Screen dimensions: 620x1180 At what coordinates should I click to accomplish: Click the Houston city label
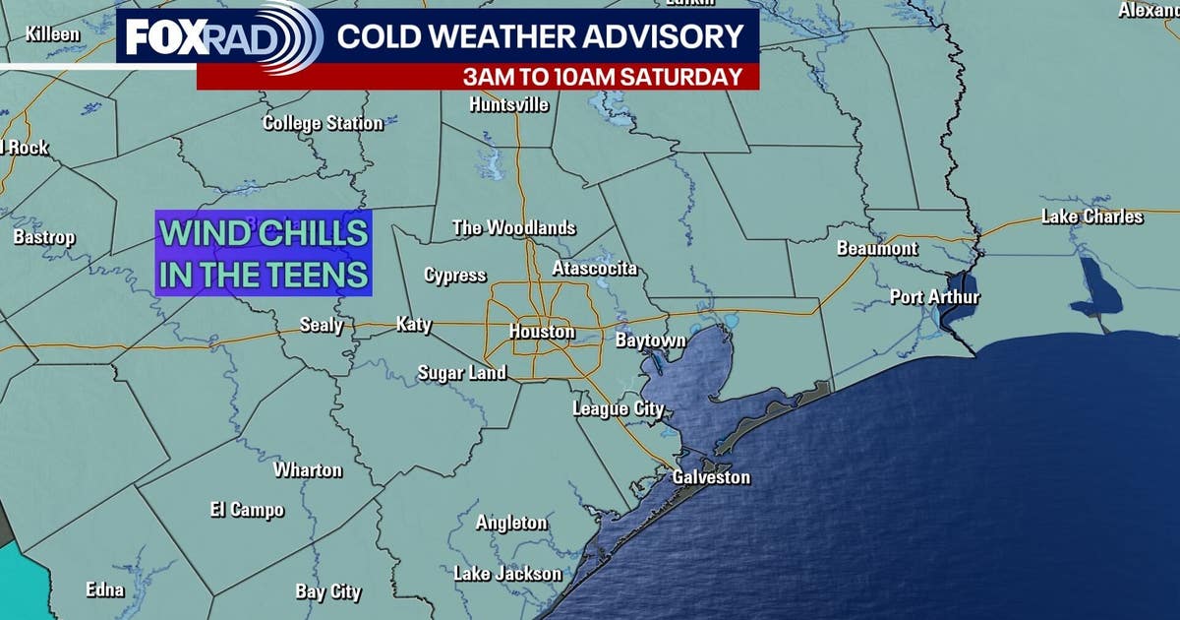pos(542,332)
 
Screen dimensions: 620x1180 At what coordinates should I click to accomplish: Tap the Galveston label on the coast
pos(711,477)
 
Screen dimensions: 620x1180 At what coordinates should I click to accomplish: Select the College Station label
pos(323,123)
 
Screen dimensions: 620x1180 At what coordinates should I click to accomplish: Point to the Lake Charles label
pos(1092,217)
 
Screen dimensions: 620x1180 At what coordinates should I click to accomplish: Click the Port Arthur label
pos(935,296)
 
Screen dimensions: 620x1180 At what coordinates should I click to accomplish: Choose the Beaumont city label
pos(877,249)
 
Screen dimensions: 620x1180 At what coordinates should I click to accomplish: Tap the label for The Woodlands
pos(513,227)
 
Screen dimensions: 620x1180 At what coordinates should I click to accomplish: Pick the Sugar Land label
pos(462,372)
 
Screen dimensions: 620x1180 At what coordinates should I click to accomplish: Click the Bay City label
pos(328,591)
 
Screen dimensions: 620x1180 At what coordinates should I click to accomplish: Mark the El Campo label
pos(247,509)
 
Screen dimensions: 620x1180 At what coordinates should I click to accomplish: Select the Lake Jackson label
pos(507,573)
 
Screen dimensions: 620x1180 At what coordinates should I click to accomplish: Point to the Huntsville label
pos(509,104)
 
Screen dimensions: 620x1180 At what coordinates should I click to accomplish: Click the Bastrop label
pos(44,237)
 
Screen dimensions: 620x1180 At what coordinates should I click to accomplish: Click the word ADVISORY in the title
pos(668,36)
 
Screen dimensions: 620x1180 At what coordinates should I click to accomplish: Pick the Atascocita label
pos(594,268)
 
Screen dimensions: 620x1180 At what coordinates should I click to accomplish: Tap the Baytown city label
pos(650,341)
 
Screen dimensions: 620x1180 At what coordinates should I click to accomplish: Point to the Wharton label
pos(308,469)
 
